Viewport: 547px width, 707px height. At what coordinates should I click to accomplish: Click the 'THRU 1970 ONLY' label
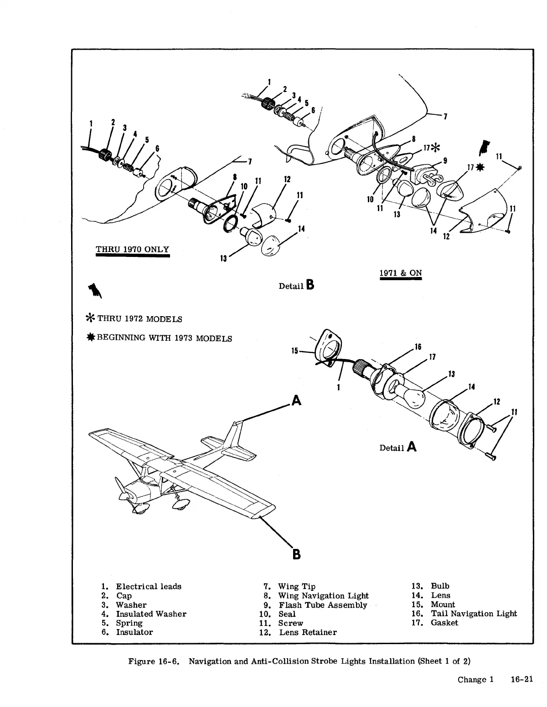point(132,249)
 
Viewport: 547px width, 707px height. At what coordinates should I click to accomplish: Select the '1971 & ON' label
point(401,273)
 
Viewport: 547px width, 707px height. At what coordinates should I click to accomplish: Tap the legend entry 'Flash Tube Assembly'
point(323,605)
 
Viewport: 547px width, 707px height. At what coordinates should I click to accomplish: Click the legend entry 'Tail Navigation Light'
point(474,614)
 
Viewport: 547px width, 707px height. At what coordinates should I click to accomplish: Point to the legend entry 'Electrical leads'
point(149,586)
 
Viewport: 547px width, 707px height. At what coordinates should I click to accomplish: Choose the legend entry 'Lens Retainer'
point(308,632)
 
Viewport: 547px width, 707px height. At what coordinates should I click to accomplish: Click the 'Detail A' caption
point(398,447)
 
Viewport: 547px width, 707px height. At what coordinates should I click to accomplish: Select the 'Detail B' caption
point(296,286)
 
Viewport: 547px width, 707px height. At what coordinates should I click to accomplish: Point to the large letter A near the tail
point(296,400)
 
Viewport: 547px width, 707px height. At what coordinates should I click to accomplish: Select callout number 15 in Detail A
point(294,351)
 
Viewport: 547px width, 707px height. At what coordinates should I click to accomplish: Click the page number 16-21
point(522,680)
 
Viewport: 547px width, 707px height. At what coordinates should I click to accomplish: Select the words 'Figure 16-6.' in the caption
point(155,661)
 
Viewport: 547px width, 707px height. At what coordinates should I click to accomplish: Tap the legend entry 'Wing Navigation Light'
point(323,595)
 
